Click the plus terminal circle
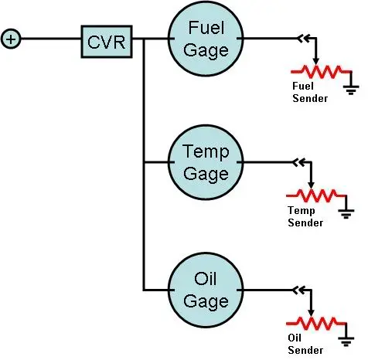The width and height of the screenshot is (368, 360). pyautogui.click(x=11, y=39)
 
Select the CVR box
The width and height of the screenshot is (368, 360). pyautogui.click(x=107, y=42)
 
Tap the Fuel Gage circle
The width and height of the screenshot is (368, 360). pyautogui.click(x=206, y=39)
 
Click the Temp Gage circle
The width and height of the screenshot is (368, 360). pyautogui.click(x=206, y=162)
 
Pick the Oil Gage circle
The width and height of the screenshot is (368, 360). pyautogui.click(x=206, y=290)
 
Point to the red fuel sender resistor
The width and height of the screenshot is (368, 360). pyautogui.click(x=322, y=72)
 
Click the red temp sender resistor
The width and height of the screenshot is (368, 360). pyautogui.click(x=316, y=195)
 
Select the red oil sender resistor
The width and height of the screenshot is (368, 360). pyautogui.click(x=316, y=323)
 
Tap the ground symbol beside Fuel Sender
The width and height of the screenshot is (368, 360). pyautogui.click(x=351, y=90)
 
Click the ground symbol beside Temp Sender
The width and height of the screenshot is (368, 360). pyautogui.click(x=346, y=214)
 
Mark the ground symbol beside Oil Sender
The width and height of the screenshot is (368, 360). pyautogui.click(x=346, y=341)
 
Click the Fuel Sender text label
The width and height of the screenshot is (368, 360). pyautogui.click(x=310, y=92)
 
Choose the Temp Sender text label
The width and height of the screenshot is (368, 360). pyautogui.click(x=305, y=216)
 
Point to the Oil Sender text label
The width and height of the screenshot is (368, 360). pyautogui.click(x=305, y=344)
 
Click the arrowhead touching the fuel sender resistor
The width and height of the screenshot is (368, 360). pyautogui.click(x=316, y=61)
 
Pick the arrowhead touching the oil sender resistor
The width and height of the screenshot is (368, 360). pyautogui.click(x=312, y=313)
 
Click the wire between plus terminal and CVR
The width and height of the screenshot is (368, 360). pyautogui.click(x=51, y=39)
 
